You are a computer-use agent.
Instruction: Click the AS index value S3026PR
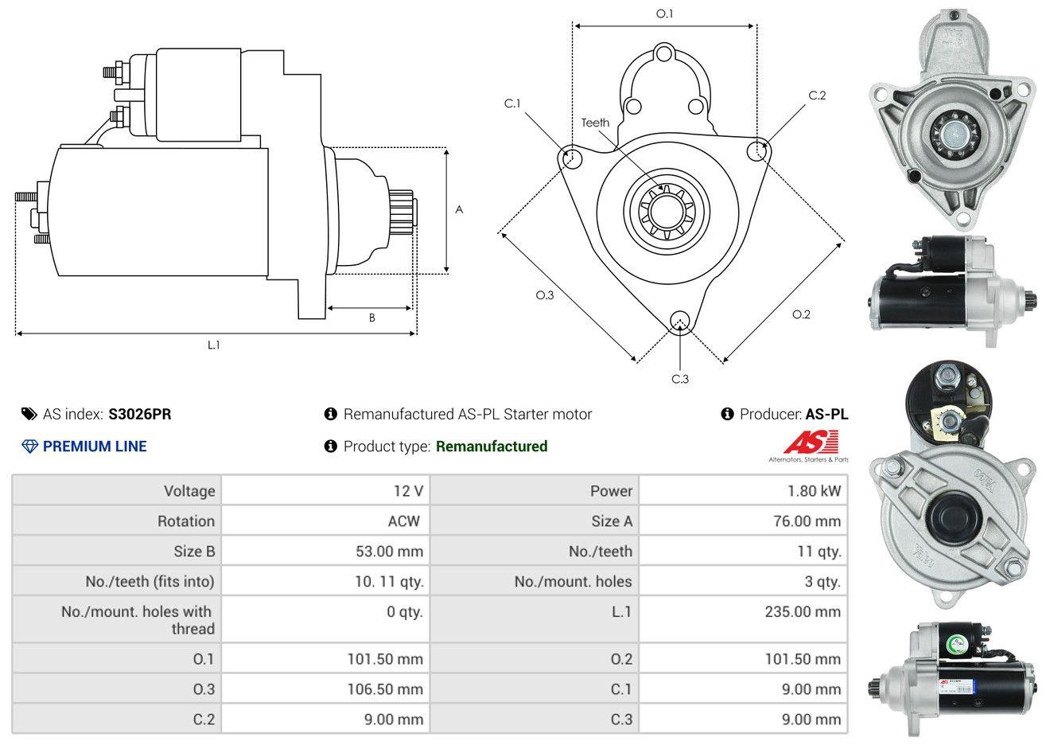pos(139,414)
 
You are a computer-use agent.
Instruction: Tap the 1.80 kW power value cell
pos(814,491)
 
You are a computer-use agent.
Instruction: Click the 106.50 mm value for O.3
pos(385,689)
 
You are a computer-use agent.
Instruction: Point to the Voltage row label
pos(189,491)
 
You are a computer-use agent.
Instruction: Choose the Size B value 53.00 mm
pos(389,551)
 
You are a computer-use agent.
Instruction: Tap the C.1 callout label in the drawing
pos(511,103)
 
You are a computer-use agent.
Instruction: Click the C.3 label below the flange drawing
pos(680,379)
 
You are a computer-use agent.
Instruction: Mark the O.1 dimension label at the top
pos(664,14)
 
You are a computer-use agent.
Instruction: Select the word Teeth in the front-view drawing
pos(595,123)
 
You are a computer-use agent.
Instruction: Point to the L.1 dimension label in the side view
pos(213,345)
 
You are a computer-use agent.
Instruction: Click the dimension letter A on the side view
pos(459,210)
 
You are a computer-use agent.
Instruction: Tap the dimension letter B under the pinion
pos(371,318)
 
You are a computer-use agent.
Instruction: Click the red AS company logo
pos(811,443)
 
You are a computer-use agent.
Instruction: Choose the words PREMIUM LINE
pos(95,447)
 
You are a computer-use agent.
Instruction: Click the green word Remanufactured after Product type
pos(492,447)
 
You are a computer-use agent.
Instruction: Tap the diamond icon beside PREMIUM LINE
pos(29,447)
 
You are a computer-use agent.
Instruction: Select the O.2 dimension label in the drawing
pos(801,314)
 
